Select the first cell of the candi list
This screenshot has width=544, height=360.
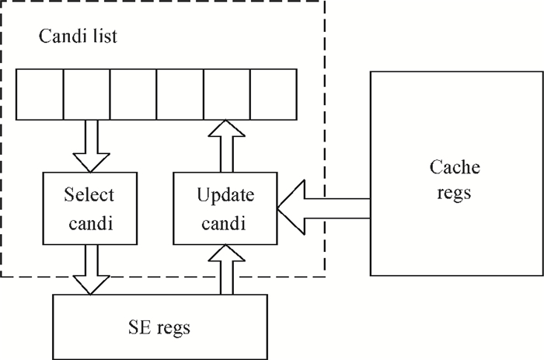tap(40, 94)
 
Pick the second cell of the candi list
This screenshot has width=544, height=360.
tap(86, 94)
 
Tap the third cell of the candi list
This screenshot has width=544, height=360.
tap(133, 94)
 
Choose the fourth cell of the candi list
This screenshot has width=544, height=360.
tap(180, 94)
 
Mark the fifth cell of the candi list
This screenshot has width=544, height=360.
tap(226, 94)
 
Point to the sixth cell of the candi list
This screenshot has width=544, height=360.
tap(273, 94)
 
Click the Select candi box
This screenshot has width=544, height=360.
tap(89, 208)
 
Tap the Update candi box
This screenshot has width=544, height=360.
tap(225, 208)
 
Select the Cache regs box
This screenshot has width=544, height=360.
tap(455, 173)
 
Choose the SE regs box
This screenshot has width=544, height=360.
tap(159, 324)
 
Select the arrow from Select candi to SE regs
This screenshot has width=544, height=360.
tap(91, 268)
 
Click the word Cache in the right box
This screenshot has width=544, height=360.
tap(455, 167)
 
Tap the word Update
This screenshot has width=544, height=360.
tap(225, 193)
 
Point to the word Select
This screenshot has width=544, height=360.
tap(89, 193)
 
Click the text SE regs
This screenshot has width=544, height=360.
tap(159, 326)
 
